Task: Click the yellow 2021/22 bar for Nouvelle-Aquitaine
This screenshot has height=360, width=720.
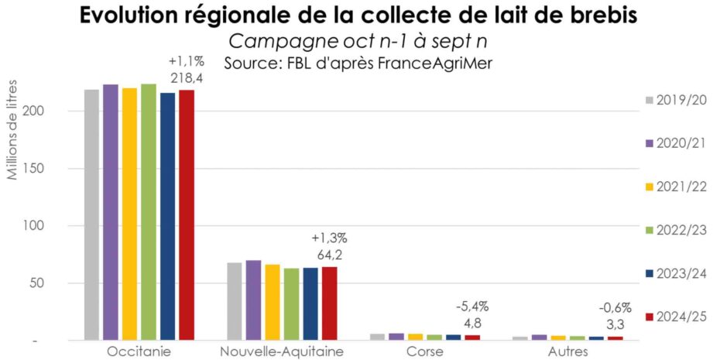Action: click(273, 302)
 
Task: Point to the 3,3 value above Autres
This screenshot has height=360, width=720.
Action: click(615, 323)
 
